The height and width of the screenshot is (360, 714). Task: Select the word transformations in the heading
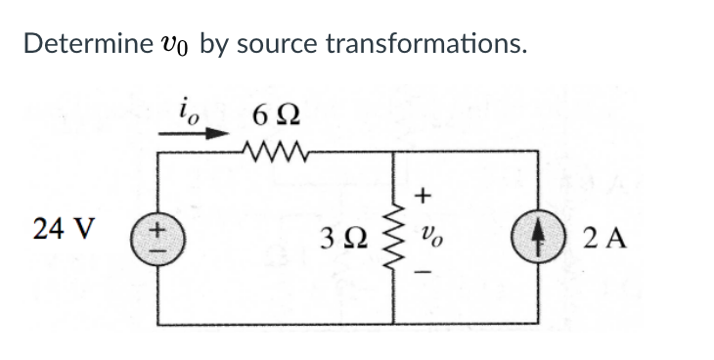click(x=424, y=44)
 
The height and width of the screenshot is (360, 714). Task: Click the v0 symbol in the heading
click(x=174, y=45)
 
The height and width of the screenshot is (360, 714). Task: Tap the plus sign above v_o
click(x=423, y=196)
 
